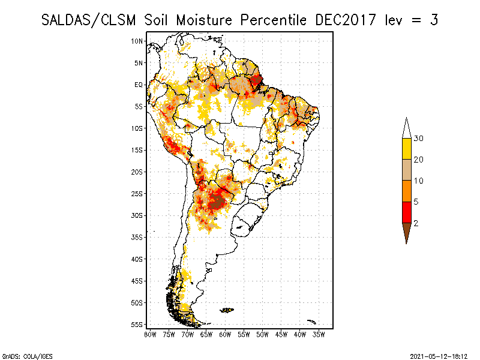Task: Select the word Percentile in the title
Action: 272,20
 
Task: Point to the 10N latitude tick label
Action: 137,41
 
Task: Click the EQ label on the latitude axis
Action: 139,85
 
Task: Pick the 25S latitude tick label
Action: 137,194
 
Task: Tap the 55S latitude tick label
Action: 137,325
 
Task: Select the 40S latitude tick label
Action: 137,259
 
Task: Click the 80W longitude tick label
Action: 150,334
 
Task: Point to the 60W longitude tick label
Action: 225,334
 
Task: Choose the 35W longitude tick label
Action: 319,334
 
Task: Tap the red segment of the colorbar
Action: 406,212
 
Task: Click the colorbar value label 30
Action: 419,139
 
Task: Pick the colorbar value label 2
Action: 416,223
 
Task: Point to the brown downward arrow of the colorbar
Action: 406,232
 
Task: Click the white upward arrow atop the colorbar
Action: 406,128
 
